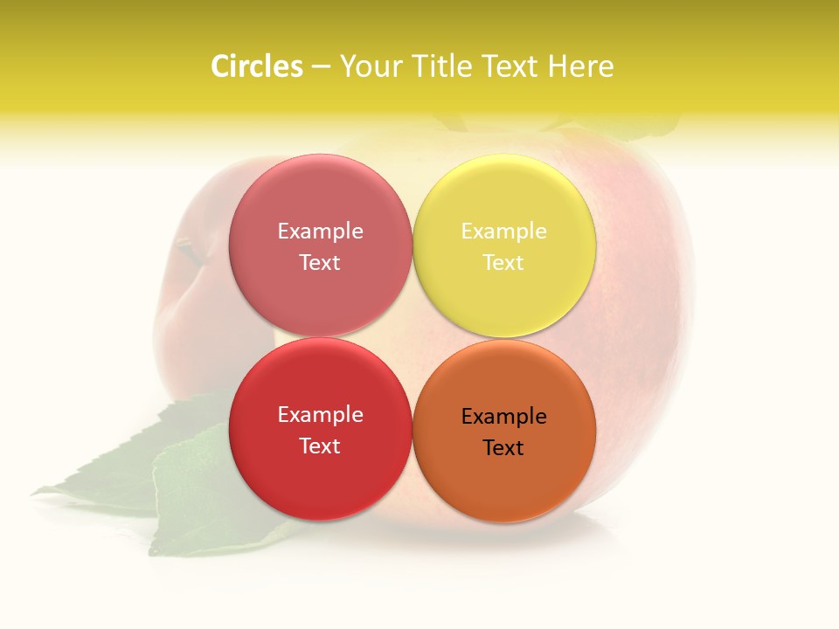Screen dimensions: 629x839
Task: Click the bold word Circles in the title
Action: coord(257,66)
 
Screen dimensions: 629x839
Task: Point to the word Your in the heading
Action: coord(370,66)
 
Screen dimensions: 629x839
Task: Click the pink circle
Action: coord(320,245)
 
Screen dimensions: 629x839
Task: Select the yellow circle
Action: coord(504,245)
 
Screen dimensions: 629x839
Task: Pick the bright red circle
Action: coord(320,429)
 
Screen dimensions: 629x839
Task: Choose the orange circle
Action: coord(504,431)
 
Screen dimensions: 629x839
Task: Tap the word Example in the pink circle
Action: coord(320,231)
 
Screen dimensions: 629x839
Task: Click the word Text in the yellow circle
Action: coord(503,262)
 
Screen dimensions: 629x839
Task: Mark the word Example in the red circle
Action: coord(320,414)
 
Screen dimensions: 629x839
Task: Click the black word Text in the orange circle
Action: coord(503,447)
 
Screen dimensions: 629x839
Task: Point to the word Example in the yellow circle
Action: coord(503,231)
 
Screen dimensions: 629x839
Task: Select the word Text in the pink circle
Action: coord(320,262)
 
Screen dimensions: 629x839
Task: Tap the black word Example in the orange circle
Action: coord(503,416)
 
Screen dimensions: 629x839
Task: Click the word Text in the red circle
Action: coord(320,446)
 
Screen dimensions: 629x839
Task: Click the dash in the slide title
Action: coord(321,67)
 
